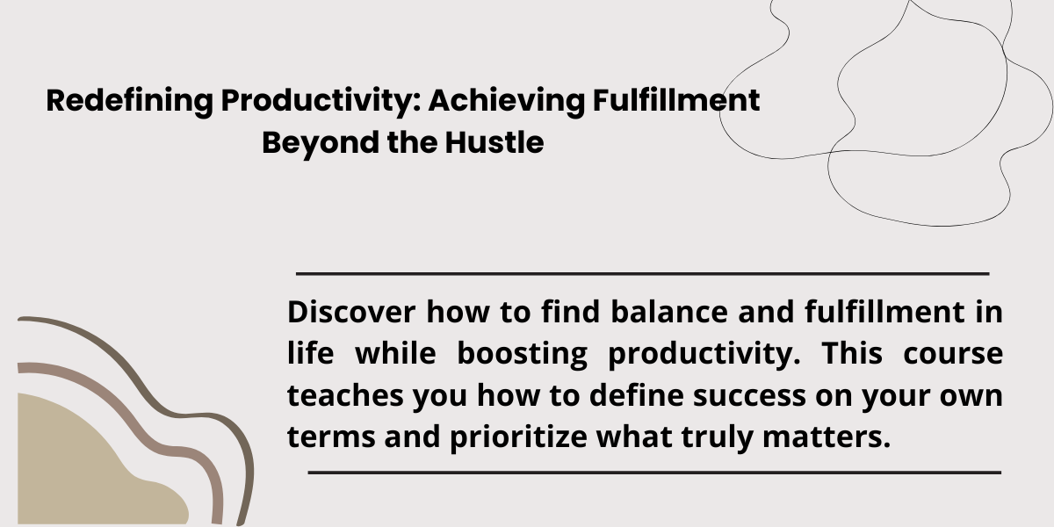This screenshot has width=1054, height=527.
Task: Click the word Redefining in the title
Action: tap(130, 101)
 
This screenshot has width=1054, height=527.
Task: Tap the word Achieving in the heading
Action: tap(506, 101)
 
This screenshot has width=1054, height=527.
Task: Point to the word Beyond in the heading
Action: tap(321, 143)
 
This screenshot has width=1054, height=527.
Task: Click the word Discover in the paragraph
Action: tap(351, 312)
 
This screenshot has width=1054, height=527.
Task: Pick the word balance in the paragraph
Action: tap(669, 312)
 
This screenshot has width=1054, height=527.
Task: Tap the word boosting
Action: tap(523, 354)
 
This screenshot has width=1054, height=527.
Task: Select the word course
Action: tap(953, 354)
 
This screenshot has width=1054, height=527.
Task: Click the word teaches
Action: tap(345, 395)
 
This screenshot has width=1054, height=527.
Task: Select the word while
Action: tap(396, 353)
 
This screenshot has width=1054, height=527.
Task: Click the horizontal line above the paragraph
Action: tap(643, 273)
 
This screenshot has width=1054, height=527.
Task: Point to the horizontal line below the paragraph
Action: tap(654, 473)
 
